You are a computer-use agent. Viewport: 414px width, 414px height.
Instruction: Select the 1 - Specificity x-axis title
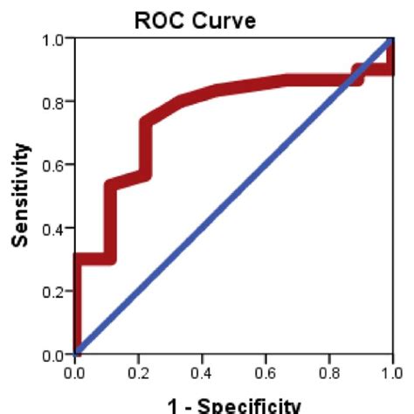(232, 405)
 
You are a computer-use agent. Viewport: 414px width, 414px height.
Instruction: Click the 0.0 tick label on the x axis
(76, 374)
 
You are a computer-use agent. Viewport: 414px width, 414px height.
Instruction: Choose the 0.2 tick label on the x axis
(139, 374)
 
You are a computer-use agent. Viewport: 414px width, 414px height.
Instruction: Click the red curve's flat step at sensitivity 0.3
(94, 259)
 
